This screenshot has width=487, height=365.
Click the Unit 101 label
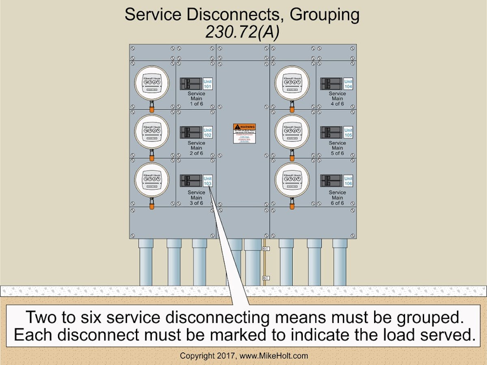207,84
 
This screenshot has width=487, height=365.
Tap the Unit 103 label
207,181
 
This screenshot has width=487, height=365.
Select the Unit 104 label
348,84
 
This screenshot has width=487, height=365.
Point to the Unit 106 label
348,181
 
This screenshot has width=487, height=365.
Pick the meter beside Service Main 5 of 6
292,131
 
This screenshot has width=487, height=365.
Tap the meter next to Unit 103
151,180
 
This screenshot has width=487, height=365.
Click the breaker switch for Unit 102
191,132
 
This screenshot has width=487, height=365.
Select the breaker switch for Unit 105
331,132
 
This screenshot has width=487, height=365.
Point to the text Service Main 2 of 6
196,148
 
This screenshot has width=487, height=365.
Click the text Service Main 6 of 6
337,198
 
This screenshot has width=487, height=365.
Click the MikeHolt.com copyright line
243,356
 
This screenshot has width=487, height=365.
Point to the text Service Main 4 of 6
337,99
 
